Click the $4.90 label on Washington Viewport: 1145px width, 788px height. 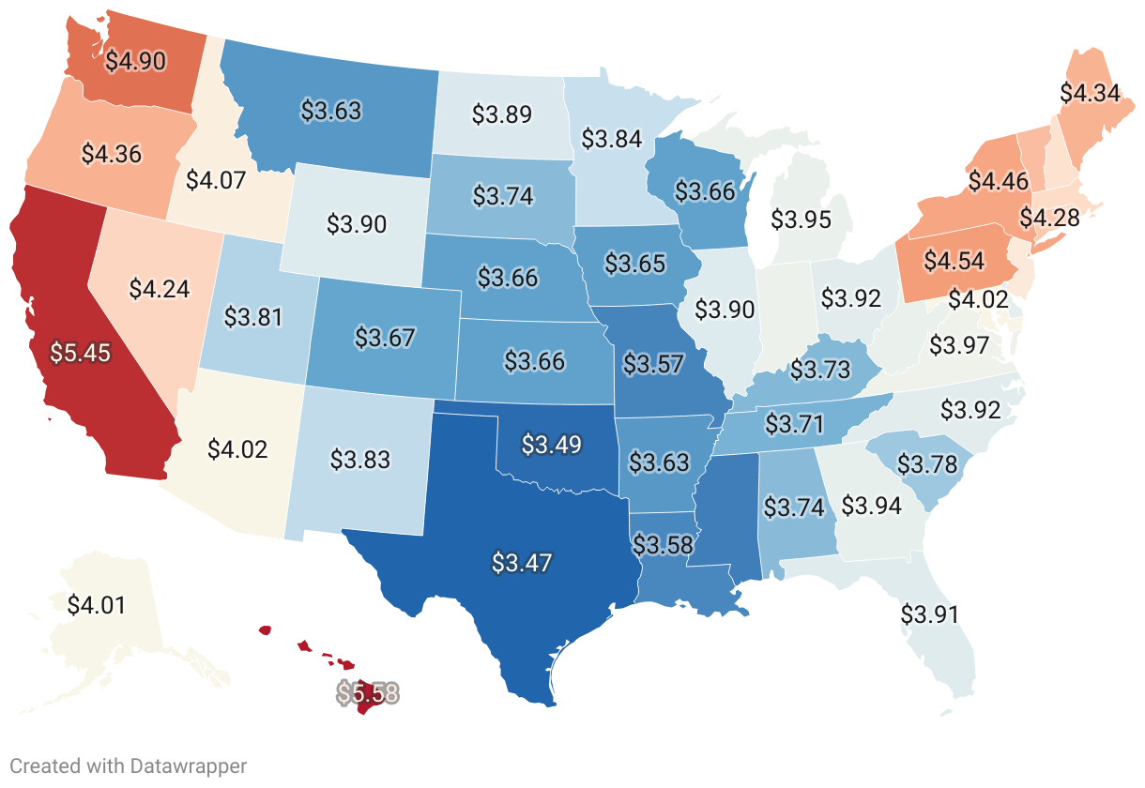135,62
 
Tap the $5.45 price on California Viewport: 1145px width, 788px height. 81,354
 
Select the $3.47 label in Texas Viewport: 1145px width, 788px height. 521,563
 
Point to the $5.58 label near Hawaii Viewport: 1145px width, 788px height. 368,693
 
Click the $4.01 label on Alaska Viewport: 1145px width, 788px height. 97,604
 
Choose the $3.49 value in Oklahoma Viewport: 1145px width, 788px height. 552,445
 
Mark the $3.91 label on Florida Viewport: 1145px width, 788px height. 930,614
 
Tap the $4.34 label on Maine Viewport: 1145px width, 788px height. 1090,93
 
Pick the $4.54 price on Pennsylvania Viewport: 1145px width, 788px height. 954,260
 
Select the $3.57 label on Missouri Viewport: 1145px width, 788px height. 653,363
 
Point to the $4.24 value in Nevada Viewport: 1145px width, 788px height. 160,288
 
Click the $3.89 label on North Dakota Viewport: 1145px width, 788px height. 502,114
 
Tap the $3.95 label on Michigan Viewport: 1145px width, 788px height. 801,220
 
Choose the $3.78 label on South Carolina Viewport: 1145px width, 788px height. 927,463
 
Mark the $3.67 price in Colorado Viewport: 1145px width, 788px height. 386,338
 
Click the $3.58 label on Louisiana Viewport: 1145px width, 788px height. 662,544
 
